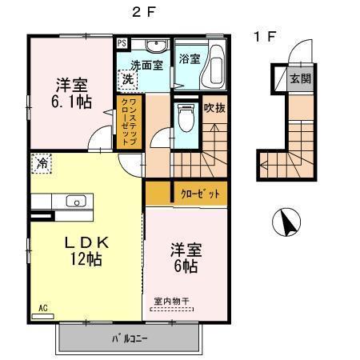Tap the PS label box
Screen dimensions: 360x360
pos(122,43)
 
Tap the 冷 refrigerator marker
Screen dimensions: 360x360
pos(41,162)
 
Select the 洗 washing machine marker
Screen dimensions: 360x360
pos(127,78)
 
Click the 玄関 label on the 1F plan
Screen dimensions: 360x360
pos(299,78)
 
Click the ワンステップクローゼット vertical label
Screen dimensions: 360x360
pos(127,121)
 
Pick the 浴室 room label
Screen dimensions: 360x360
pos(190,58)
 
